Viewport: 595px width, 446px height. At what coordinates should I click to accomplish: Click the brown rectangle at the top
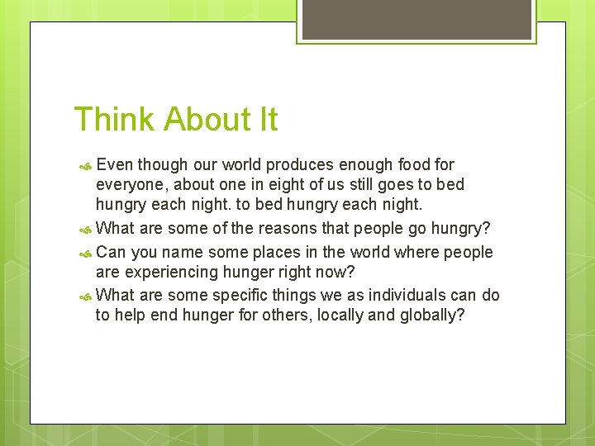coord(416,19)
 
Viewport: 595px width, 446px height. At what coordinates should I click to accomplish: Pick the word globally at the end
coord(432,316)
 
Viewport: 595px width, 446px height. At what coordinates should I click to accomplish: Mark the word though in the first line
coord(164,165)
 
